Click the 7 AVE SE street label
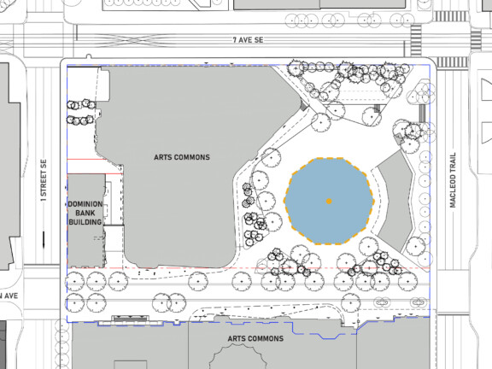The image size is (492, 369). point(248,40)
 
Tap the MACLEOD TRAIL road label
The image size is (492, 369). point(453,180)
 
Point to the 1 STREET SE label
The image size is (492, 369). point(44,180)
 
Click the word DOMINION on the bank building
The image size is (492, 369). point(85,204)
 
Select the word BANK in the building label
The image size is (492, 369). point(85,213)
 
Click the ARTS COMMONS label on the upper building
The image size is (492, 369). point(182,157)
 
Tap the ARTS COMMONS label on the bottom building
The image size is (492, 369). point(255,338)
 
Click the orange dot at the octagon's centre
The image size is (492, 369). point(329,201)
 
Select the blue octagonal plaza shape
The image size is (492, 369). point(329,201)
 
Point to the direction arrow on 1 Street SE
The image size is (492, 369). point(44,240)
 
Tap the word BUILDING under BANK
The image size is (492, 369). point(85,222)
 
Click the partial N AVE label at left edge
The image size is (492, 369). point(9,296)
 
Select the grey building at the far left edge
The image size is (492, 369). point(9,167)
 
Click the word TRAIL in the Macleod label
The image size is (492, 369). point(453,164)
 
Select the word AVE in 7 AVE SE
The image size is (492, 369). point(246,40)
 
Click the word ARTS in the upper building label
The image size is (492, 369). point(161,157)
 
